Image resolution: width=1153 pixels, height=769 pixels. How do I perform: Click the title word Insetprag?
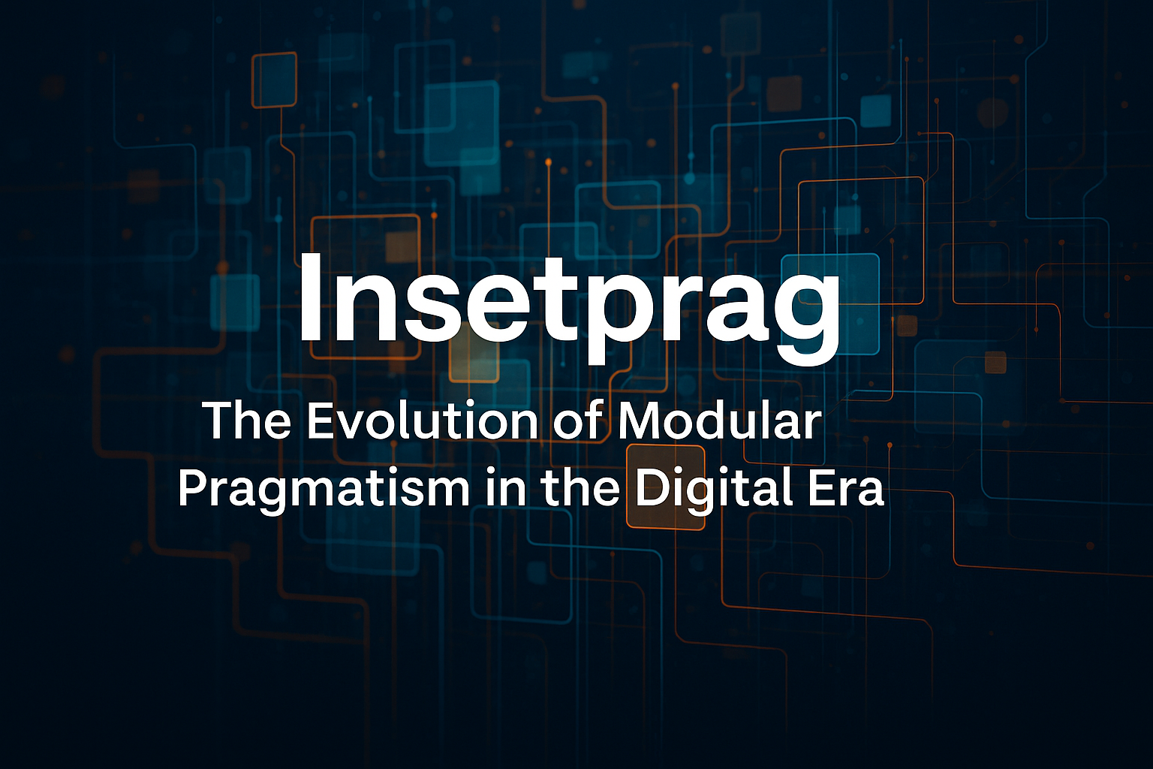point(569,306)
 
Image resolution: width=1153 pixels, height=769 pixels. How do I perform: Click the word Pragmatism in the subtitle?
point(324,490)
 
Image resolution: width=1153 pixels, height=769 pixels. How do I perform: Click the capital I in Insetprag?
point(311,297)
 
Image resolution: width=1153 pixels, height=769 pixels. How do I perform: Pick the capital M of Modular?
point(641,421)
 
